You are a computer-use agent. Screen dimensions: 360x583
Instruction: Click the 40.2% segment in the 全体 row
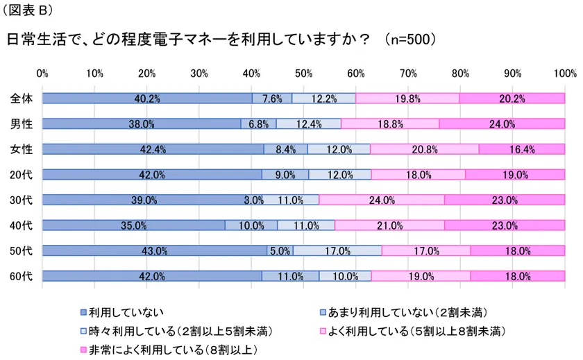tap(146, 98)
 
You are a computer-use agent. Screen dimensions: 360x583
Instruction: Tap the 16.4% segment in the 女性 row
tap(522, 149)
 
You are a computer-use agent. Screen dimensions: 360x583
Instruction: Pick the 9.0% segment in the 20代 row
tap(285, 175)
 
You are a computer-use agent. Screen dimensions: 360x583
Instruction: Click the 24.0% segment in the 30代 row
tap(382, 200)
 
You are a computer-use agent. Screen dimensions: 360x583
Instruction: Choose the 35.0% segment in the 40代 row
tap(133, 225)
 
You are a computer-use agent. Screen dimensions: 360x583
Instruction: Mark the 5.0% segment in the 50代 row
tap(280, 250)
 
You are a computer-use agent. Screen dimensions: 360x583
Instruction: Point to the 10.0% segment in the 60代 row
tap(345, 276)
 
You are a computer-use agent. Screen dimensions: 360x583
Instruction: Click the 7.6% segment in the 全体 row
tap(272, 98)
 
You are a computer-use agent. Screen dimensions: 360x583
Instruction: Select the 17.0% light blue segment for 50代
tap(337, 250)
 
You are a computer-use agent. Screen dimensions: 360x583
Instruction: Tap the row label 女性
tap(22, 149)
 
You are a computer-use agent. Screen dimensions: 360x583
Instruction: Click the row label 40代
tap(22, 225)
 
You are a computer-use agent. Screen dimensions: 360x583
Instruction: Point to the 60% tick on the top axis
tap(356, 72)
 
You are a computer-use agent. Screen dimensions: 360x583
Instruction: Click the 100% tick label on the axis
tap(565, 72)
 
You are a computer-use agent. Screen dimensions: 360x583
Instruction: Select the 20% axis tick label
tap(146, 72)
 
